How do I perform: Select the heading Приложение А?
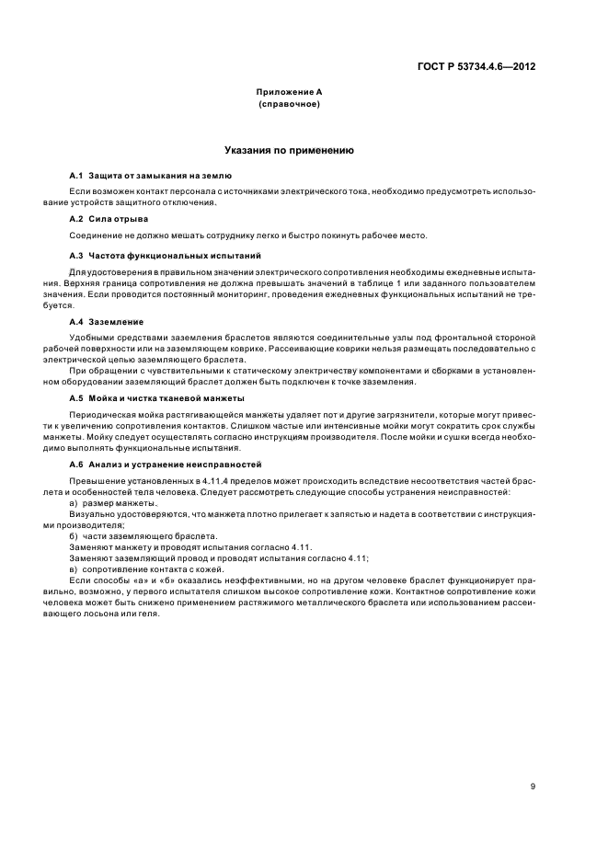pos(289,94)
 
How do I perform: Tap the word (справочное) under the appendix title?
pos(289,105)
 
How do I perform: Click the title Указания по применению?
pos(289,149)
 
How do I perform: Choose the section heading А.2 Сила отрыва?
pos(109,218)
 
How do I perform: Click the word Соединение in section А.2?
pos(93,235)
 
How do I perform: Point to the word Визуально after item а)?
pos(91,516)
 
